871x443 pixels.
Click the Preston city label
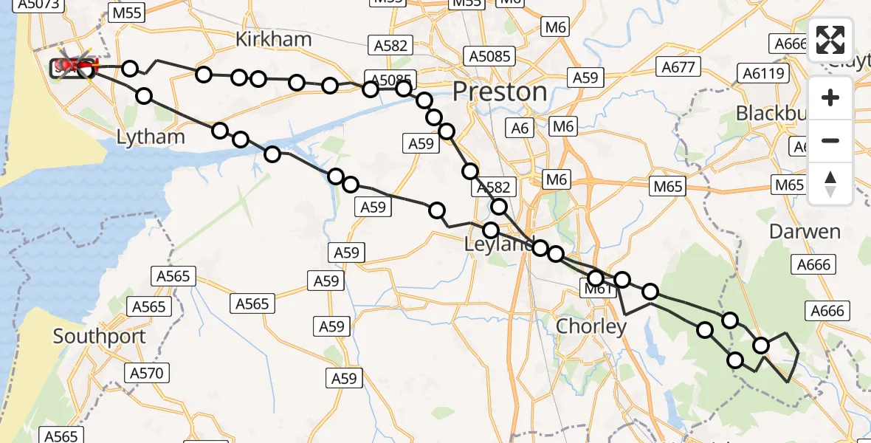point(500,92)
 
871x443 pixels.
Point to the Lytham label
point(151,137)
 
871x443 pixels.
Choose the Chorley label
point(591,326)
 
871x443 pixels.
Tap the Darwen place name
point(805,232)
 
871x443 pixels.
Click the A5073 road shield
point(37,4)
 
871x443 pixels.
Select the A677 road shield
point(678,68)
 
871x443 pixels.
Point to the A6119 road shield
point(765,73)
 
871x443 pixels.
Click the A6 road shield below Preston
point(520,128)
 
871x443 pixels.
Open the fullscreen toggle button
point(830,40)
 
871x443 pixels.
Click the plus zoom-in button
point(830,97)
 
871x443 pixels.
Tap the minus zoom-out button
point(830,140)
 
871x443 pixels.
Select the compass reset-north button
point(830,183)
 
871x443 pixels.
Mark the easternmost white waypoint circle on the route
point(761,345)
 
